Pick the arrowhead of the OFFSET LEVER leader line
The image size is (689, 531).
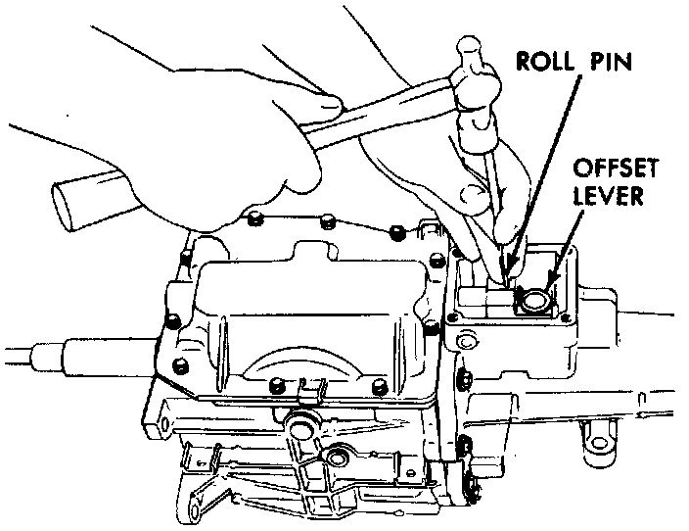551,285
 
